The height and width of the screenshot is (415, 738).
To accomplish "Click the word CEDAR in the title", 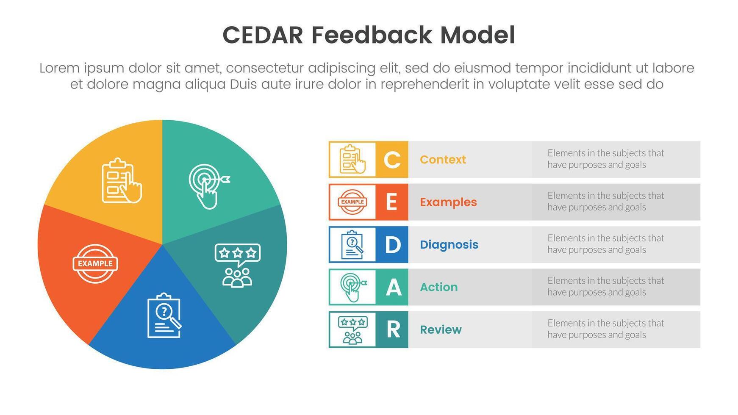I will click(x=263, y=35).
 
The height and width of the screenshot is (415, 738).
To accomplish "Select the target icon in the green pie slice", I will click(x=208, y=186).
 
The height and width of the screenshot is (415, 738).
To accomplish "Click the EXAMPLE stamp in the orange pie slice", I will click(x=95, y=263).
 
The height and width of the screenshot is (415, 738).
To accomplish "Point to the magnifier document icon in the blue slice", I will click(x=164, y=315).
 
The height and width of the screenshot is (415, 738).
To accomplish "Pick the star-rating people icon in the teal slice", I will click(x=237, y=265).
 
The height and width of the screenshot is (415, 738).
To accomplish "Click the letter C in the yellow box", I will click(x=392, y=160).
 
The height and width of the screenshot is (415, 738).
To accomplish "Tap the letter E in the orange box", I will click(x=392, y=202).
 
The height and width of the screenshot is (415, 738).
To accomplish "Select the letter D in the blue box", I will click(x=392, y=245).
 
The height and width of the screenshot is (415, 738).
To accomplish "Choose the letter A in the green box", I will click(x=393, y=288).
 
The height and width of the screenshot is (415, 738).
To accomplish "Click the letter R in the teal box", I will click(x=393, y=330).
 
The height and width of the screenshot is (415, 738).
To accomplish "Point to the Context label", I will click(x=443, y=160).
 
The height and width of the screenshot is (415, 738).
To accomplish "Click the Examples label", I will click(x=448, y=202).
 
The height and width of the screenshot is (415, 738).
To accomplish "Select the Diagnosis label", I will click(x=449, y=245).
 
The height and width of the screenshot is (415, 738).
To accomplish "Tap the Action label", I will click(x=438, y=287).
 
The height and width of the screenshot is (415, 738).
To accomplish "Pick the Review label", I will click(x=441, y=330).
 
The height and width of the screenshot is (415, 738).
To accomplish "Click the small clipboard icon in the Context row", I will click(x=352, y=160).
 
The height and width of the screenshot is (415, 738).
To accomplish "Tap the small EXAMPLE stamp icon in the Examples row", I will click(x=352, y=202).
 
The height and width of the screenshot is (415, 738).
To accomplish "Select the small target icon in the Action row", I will click(x=352, y=287).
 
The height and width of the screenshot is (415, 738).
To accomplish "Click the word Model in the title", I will click(x=477, y=35).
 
